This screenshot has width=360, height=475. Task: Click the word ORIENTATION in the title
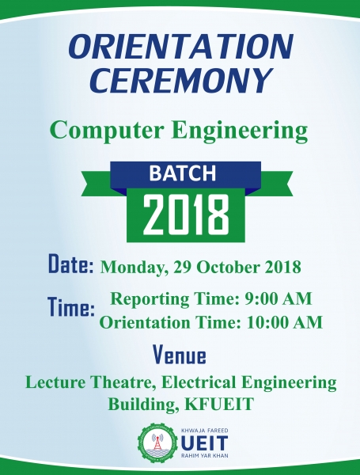[180, 47]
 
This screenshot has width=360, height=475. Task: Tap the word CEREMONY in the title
[180, 80]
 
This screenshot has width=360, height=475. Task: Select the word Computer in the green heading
[107, 131]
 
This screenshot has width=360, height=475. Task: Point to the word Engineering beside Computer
[241, 131]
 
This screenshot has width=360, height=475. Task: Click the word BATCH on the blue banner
[182, 173]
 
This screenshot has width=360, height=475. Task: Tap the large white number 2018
[186, 215]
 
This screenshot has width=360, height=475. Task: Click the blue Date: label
[71, 264]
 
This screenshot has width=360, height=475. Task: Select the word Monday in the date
[134, 268]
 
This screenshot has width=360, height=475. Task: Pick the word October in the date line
[229, 267]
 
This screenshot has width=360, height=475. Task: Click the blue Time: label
[71, 307]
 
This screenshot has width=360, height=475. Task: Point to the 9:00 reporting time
[260, 298]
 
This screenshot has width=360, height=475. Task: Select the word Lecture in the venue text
[55, 382]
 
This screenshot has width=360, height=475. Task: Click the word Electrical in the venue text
[199, 382]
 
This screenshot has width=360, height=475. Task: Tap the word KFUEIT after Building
[219, 404]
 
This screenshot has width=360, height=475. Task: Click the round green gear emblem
[157, 443]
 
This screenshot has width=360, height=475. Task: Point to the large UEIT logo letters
[205, 443]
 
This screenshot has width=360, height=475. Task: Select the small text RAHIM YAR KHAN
[205, 456]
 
